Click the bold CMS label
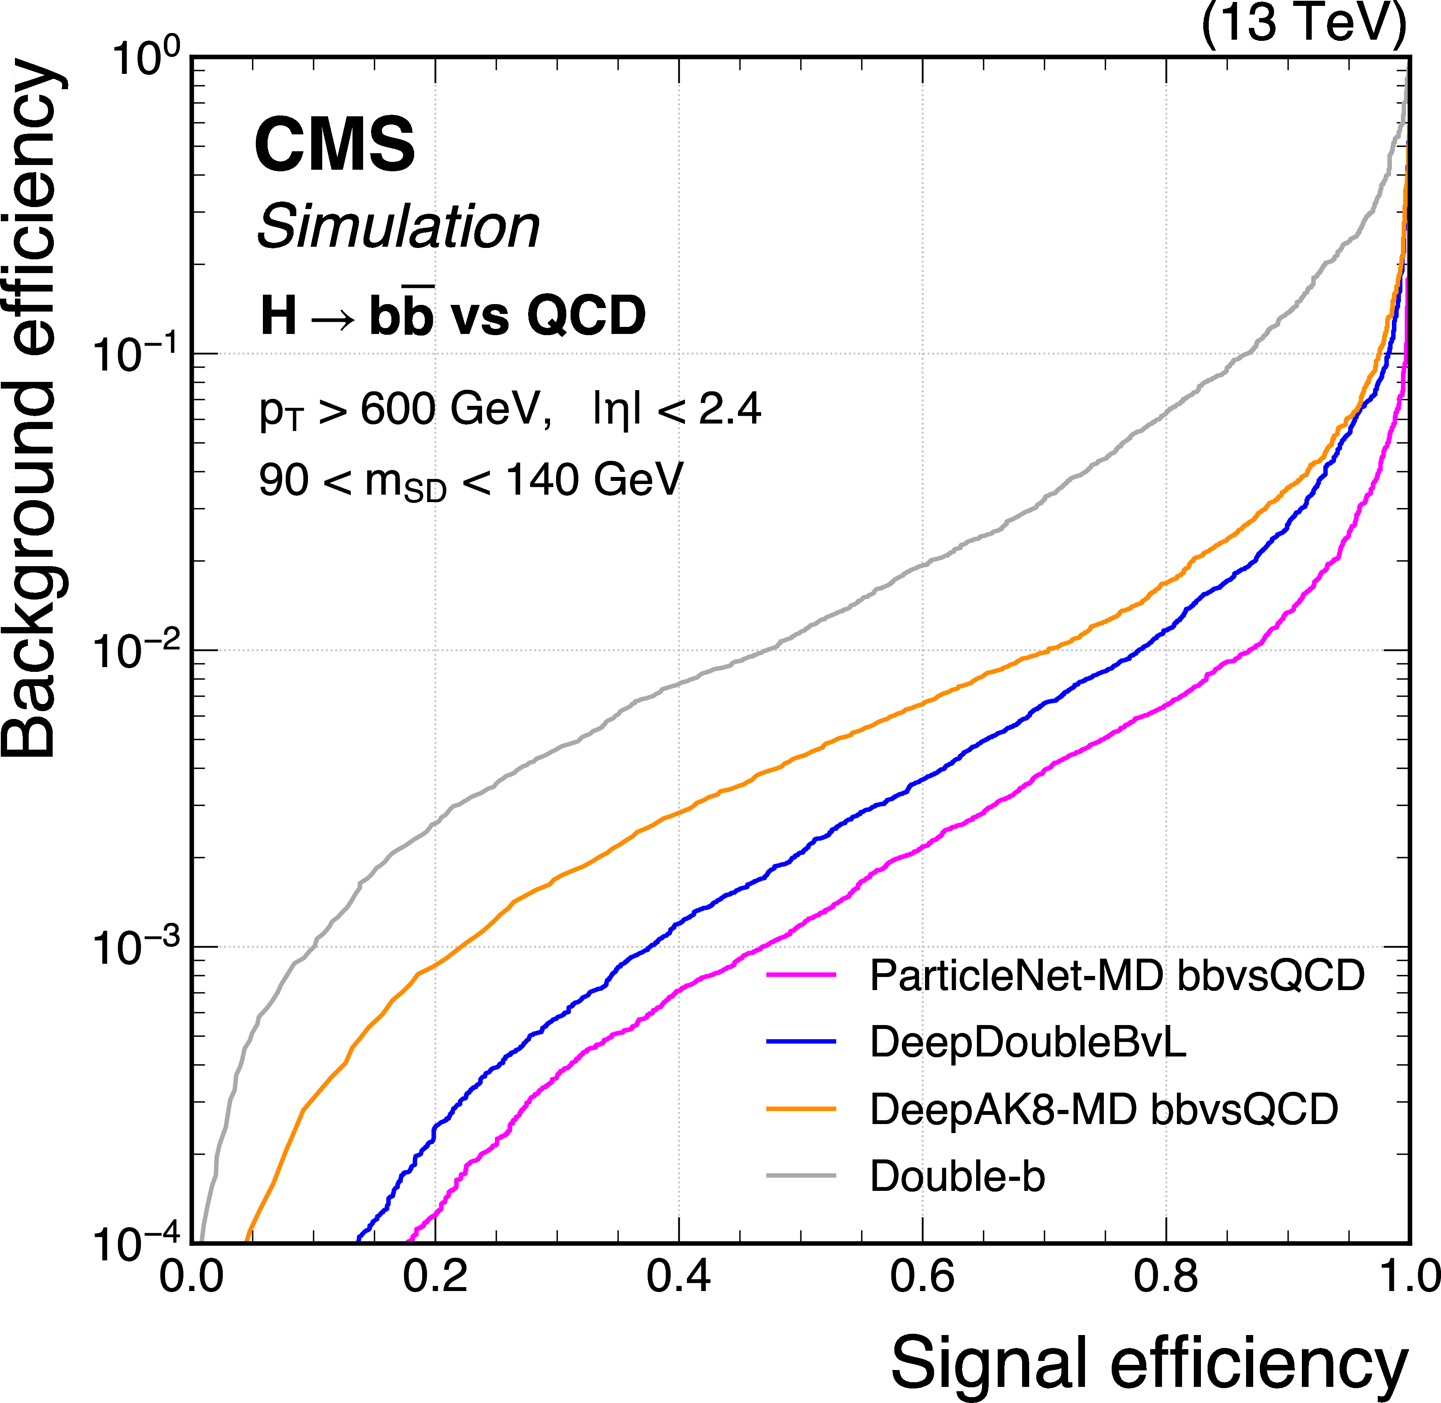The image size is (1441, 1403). pyautogui.click(x=335, y=145)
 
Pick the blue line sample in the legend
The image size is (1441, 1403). pyautogui.click(x=801, y=1042)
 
